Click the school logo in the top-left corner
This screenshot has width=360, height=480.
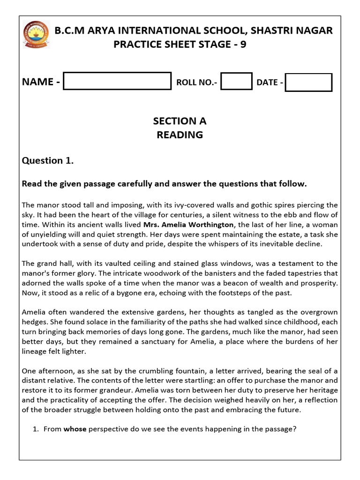point(36,35)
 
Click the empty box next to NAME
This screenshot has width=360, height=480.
point(117,81)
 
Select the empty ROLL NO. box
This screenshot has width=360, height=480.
point(236,81)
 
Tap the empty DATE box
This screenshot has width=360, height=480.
point(308,82)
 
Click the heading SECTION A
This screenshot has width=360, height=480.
point(180,121)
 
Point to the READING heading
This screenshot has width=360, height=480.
point(180,135)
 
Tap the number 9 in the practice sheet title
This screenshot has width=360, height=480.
point(242,45)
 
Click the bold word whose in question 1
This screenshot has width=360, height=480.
point(75,428)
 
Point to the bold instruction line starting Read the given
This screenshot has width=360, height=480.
point(164,184)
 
